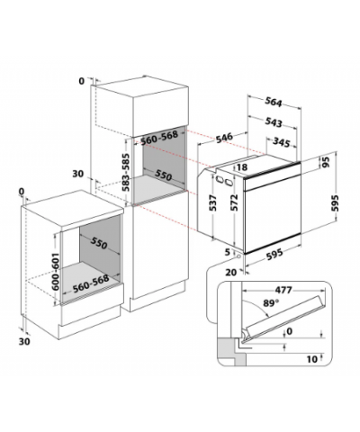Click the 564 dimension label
(274, 103)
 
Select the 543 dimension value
(274, 122)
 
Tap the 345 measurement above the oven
(281, 142)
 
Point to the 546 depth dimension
(224, 138)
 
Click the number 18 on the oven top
(242, 167)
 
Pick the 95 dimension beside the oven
(326, 162)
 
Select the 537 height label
(212, 202)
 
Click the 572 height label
(234, 202)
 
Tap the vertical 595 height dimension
(335, 203)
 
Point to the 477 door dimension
(283, 290)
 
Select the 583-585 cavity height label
(126, 172)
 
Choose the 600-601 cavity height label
(56, 271)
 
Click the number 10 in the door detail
(312, 359)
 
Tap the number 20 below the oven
(230, 272)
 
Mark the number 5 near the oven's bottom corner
(228, 252)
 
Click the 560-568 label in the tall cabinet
(159, 137)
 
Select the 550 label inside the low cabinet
(99, 243)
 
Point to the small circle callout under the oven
(238, 256)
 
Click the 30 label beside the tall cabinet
(78, 174)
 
